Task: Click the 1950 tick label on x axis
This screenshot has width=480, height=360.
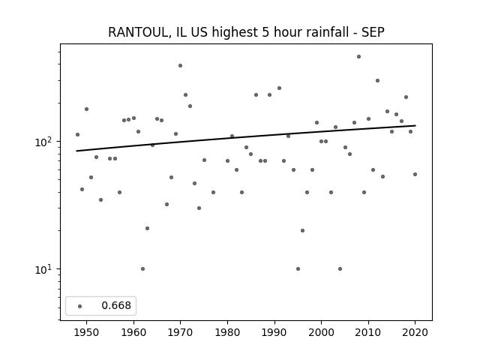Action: [x=87, y=332]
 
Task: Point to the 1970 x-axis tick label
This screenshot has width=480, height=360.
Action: [x=180, y=332]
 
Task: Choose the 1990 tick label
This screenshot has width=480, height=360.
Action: [x=274, y=332]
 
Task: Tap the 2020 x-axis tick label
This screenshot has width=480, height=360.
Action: [x=415, y=332]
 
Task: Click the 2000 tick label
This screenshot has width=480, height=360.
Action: [x=322, y=332]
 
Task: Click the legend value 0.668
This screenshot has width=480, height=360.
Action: [x=116, y=305]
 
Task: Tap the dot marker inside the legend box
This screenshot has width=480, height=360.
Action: [x=80, y=306]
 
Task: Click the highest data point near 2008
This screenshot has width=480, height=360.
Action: [x=358, y=57]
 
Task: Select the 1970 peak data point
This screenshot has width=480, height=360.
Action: [x=180, y=65]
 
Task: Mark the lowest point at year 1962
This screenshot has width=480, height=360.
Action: [x=143, y=268]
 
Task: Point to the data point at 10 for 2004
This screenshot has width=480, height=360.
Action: [x=340, y=268]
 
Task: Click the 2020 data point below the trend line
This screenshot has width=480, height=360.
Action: [x=415, y=175]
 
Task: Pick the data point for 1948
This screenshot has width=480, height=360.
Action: [x=77, y=135]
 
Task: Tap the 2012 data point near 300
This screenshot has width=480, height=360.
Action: [x=377, y=80]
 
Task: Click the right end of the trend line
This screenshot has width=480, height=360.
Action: [x=415, y=125]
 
